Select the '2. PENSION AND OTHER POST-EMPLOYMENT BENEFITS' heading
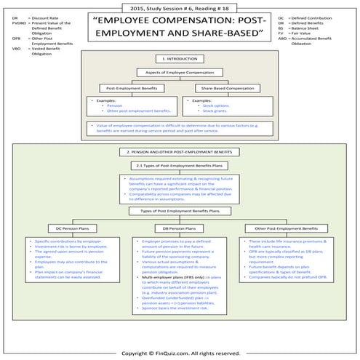(180, 152)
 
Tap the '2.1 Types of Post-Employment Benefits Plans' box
(180, 166)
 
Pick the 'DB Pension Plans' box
(180, 228)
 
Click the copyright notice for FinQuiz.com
(180, 353)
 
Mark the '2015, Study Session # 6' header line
(180, 6)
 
